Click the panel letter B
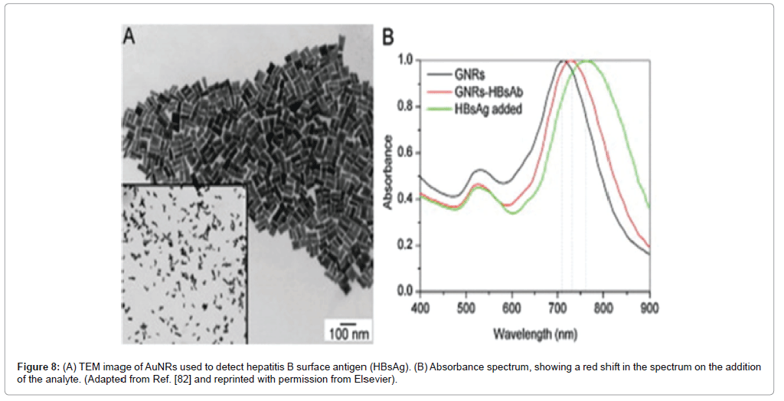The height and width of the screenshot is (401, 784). click(x=388, y=36)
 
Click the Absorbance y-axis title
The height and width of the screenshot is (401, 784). click(x=388, y=173)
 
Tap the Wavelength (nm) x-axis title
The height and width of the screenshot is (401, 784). click(x=534, y=334)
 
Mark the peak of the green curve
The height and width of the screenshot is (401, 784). click(x=586, y=60)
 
